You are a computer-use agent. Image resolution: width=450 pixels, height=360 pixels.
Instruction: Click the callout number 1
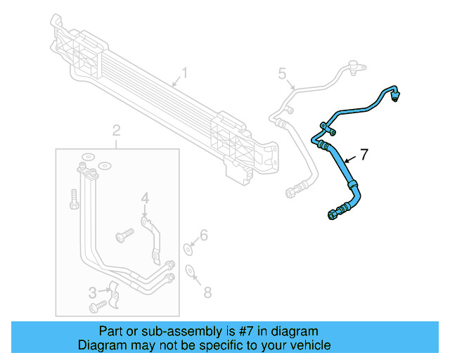pos(185,72)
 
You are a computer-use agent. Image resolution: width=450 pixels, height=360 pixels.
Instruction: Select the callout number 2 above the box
pos(117,130)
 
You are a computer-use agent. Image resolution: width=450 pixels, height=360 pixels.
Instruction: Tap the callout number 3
pos(92,292)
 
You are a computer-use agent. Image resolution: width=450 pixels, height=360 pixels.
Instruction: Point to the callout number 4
pos(144,200)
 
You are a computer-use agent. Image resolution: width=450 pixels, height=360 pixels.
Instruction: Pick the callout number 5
pos(282,73)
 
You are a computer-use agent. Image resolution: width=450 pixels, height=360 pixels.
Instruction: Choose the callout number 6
pos(205,235)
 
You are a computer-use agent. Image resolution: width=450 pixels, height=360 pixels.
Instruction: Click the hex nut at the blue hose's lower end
pos(331,215)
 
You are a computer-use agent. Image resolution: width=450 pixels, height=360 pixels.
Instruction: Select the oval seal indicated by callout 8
pos(189,270)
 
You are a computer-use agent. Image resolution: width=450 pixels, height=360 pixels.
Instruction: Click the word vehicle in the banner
pos(310,345)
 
